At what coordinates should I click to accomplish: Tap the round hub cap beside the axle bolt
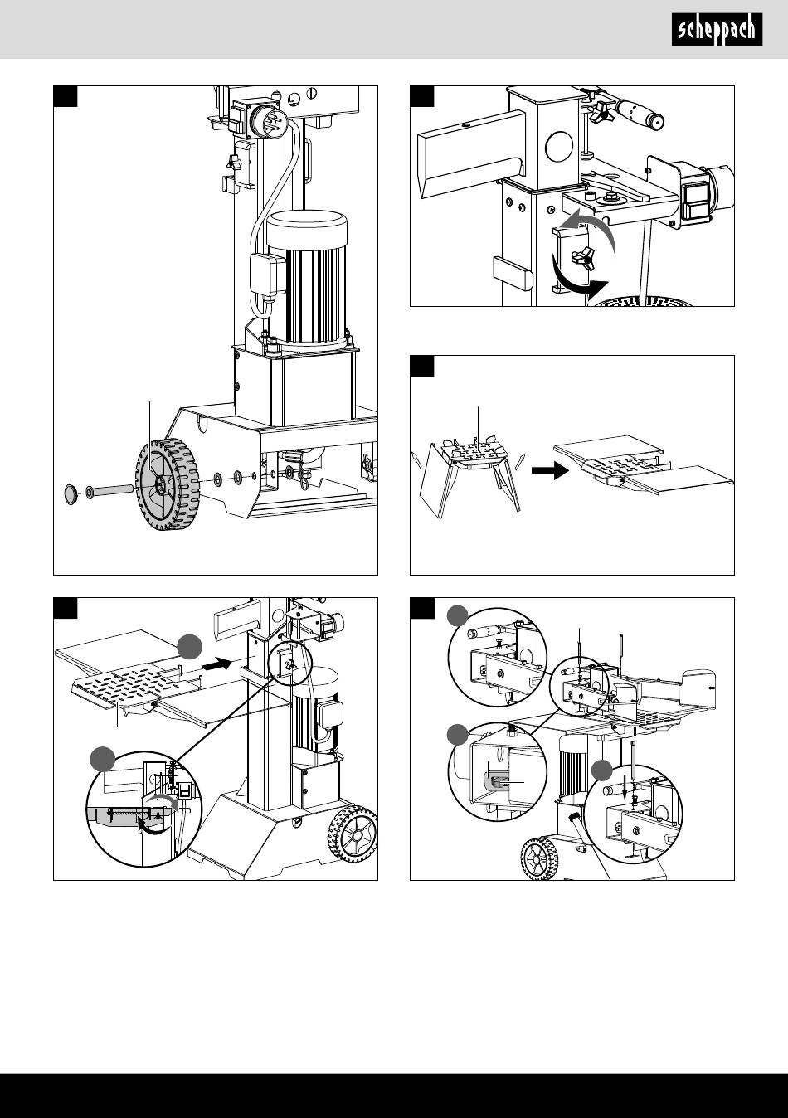tap(71, 495)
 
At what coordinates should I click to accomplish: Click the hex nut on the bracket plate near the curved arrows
tap(610, 197)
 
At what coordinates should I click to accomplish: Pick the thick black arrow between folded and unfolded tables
tap(547, 470)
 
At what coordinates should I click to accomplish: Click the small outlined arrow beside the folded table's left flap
tap(416, 458)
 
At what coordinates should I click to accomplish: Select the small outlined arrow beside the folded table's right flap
tap(521, 459)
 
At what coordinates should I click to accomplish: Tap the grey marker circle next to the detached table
tap(188, 646)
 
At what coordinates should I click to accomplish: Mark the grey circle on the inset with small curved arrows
tap(103, 758)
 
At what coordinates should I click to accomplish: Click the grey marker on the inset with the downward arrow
tap(603, 772)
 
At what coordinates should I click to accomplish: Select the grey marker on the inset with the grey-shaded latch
tap(456, 734)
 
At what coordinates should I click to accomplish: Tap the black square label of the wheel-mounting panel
tap(66, 96)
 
